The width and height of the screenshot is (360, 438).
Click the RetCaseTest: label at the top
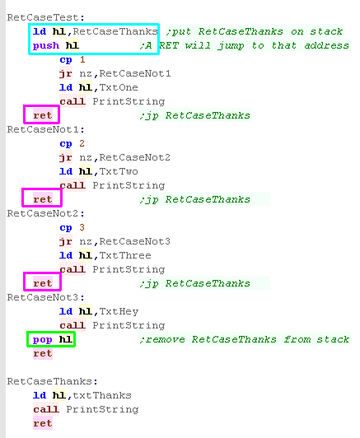(45, 17)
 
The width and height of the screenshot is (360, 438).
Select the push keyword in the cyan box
(46, 45)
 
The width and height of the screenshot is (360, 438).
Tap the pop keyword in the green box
(43, 340)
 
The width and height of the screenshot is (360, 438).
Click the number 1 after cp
(82, 59)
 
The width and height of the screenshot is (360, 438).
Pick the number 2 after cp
(82, 143)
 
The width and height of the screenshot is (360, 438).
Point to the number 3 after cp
(82, 227)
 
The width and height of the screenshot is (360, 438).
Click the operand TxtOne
(119, 87)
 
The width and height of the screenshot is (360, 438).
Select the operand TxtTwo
(119, 171)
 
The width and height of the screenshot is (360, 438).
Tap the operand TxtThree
(125, 255)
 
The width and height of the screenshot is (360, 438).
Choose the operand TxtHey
(119, 311)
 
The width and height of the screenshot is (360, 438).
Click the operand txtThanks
(102, 395)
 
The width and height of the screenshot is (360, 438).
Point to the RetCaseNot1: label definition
(45, 129)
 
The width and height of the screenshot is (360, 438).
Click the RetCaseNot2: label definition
(45, 213)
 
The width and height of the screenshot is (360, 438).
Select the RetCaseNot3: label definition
(45, 297)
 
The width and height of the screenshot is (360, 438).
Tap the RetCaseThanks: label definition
(52, 381)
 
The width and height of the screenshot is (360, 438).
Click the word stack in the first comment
(326, 31)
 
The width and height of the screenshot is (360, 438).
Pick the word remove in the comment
(166, 340)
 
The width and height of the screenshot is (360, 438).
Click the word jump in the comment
(231, 46)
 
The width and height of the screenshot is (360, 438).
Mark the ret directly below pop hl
(43, 353)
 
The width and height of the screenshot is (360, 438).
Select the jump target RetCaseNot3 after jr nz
(135, 241)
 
